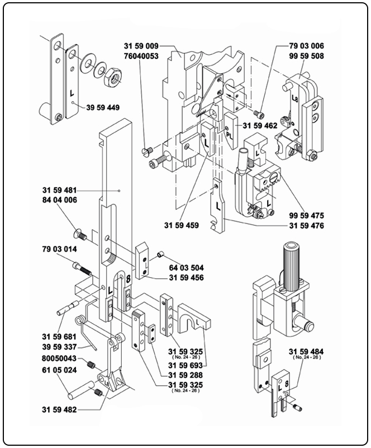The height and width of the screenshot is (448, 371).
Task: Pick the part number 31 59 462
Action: (259, 126)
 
